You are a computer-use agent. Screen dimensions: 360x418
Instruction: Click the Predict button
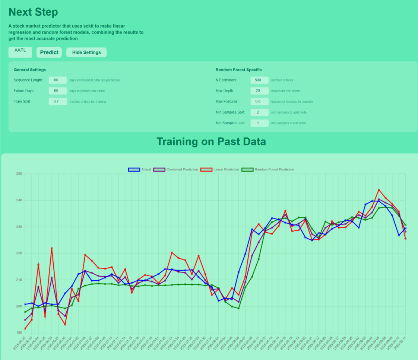49,52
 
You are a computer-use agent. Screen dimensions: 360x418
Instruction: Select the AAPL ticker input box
20,52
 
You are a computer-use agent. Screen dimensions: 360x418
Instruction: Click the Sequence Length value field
58,80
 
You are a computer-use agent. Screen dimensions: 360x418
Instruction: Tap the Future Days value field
58,91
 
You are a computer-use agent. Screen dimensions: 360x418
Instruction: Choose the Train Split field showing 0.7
58,101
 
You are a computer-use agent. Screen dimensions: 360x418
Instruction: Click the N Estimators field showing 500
259,80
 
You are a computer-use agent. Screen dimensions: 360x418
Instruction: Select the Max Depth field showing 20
259,91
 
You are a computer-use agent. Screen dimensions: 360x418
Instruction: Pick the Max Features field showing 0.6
259,101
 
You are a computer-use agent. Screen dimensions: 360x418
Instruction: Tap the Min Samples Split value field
259,112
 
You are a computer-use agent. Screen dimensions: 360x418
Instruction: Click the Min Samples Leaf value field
259,123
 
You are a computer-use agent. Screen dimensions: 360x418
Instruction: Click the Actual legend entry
140,169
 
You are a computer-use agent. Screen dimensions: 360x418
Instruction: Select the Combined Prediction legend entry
176,169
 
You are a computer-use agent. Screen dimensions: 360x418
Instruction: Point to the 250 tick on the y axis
19,174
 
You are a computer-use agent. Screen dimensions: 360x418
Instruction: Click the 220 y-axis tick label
19,254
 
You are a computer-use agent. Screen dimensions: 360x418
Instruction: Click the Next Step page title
33,12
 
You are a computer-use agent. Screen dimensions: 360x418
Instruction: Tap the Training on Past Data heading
211,141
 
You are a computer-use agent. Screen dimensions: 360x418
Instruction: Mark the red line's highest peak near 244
379,190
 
